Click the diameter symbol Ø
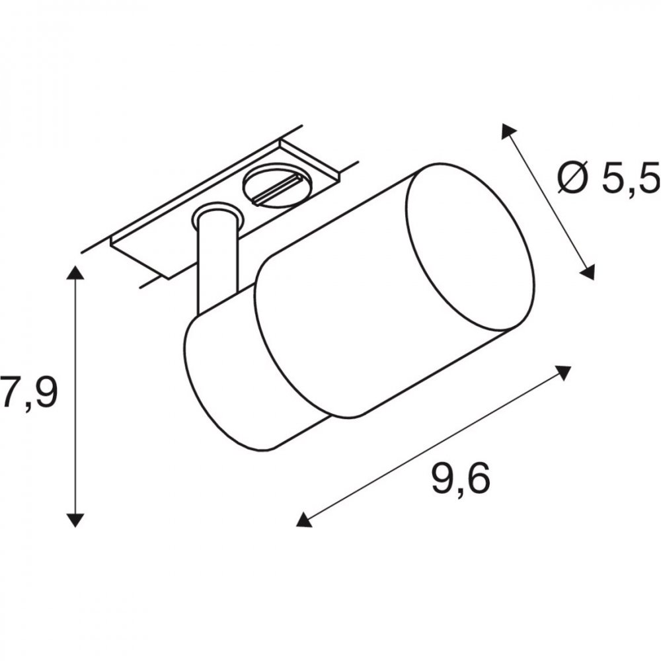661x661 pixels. [572, 177]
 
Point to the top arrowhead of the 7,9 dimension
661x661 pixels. [75, 273]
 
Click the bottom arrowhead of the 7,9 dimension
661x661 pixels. [75, 520]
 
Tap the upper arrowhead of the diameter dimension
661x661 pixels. [508, 131]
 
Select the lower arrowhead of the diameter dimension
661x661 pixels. [588, 272]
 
